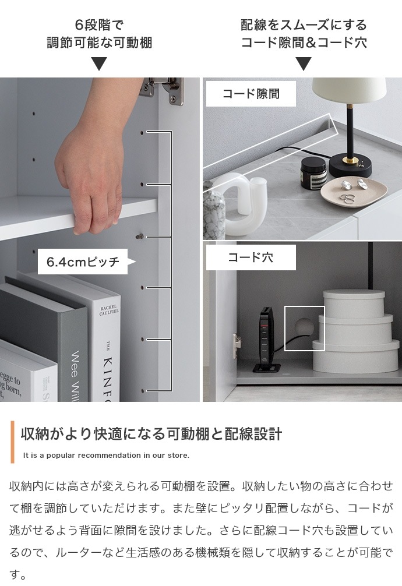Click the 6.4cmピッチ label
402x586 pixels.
click(x=83, y=262)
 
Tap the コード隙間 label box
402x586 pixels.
click(x=251, y=94)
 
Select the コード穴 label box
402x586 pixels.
click(x=251, y=257)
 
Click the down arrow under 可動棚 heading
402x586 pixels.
click(x=99, y=63)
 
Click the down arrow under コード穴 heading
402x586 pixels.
click(x=303, y=63)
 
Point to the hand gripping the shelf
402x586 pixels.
click(x=93, y=175)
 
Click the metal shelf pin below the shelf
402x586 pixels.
click(x=140, y=236)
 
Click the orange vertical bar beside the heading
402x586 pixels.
click(x=12, y=442)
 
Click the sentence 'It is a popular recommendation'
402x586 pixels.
click(x=106, y=456)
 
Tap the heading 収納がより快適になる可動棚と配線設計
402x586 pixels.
click(x=151, y=434)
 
